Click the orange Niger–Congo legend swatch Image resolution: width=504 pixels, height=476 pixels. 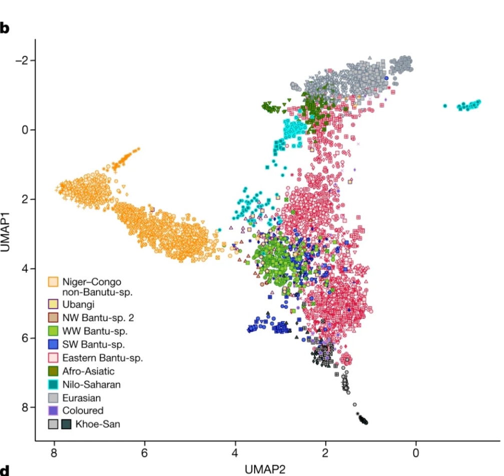[x=54, y=282]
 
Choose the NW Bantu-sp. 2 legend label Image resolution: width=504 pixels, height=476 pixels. [x=98, y=317]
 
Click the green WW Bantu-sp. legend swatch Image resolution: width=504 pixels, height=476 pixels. [x=54, y=331]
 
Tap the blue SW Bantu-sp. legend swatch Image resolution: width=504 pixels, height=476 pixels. [x=54, y=344]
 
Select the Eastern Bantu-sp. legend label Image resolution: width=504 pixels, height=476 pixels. [x=103, y=358]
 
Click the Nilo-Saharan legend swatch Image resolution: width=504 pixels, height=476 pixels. [x=54, y=384]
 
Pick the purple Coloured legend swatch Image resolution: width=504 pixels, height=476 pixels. [x=54, y=411]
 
